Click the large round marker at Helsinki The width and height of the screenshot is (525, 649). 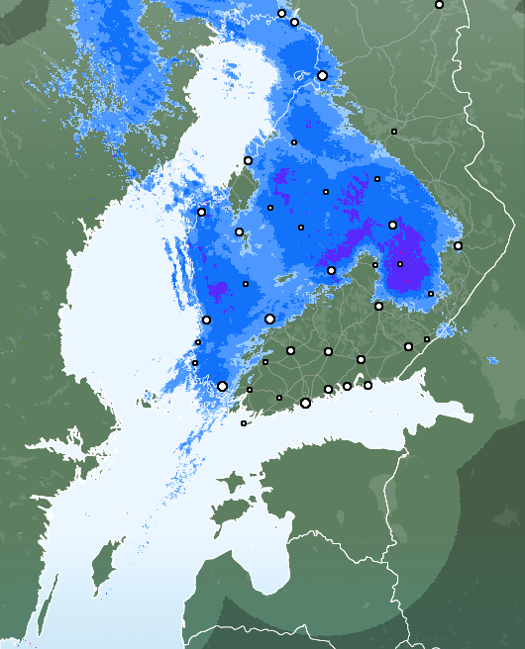click(x=305, y=403)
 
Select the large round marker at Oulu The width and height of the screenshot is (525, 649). click(x=322, y=75)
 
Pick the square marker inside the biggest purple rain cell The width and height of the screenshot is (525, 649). click(x=400, y=264)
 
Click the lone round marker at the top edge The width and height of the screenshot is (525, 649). click(x=439, y=5)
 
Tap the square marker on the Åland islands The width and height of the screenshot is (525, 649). click(x=244, y=423)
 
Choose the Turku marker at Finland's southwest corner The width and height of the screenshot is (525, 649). click(x=222, y=386)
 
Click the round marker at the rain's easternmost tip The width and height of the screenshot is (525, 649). click(x=458, y=245)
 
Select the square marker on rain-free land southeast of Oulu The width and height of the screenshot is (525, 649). click(x=393, y=132)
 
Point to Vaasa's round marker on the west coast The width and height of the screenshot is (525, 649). click(x=201, y=212)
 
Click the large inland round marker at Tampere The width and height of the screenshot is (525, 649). click(x=269, y=319)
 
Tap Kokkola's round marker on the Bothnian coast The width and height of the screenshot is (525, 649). click(x=248, y=160)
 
